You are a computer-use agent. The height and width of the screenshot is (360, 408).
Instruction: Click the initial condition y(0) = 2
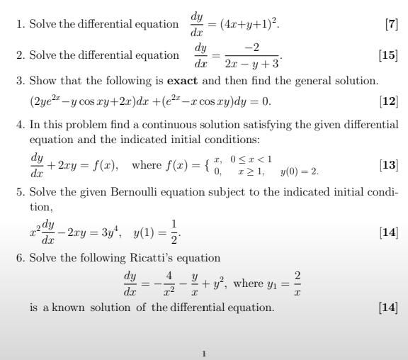click(300, 171)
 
